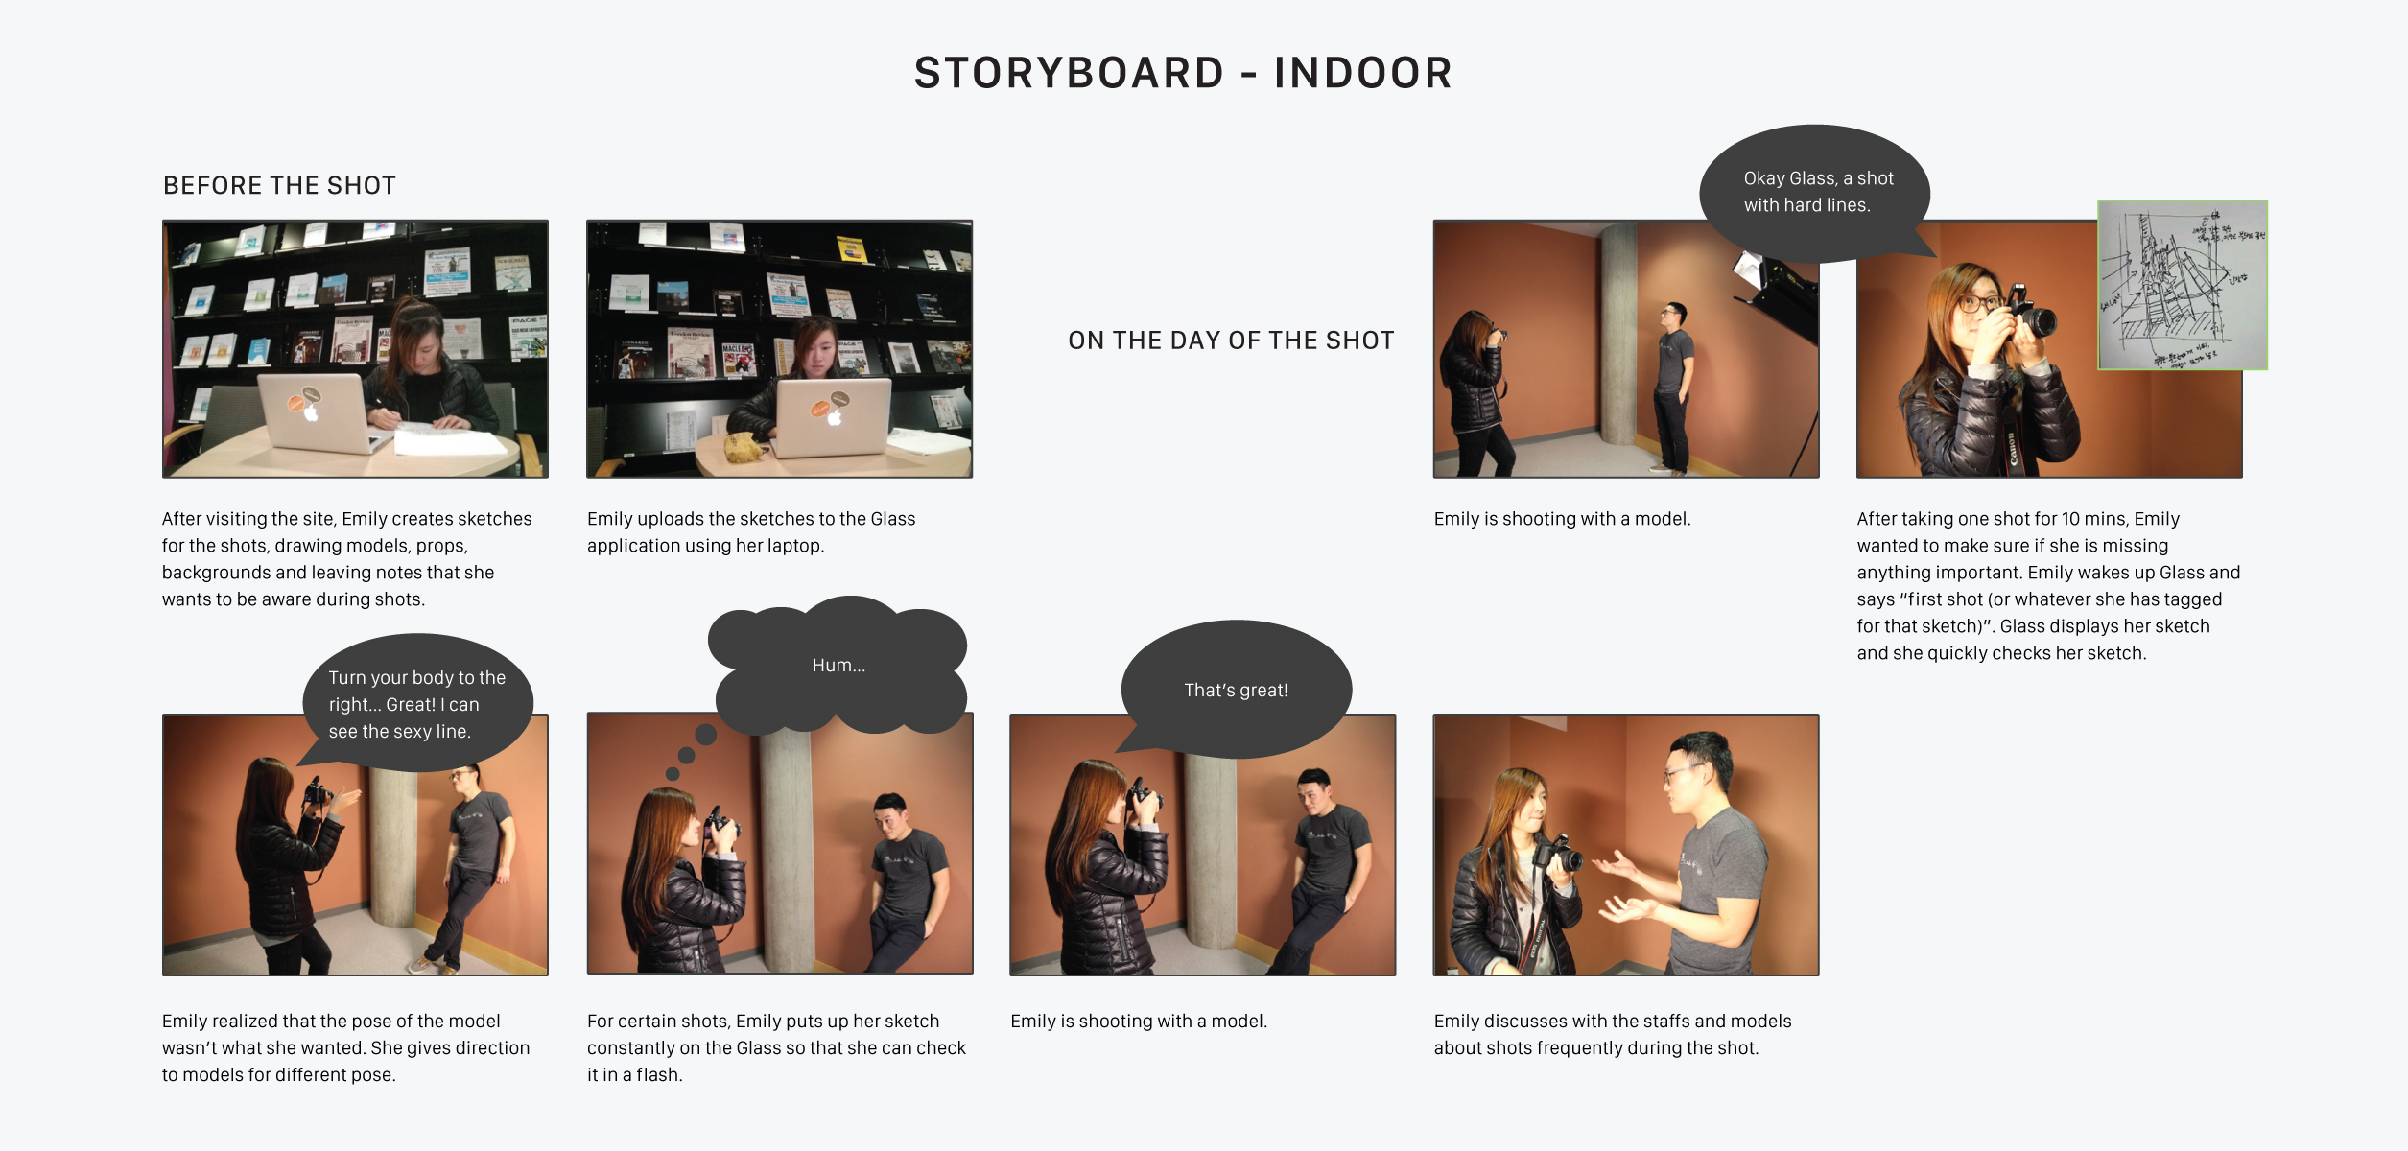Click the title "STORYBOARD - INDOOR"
pyautogui.click(x=1183, y=73)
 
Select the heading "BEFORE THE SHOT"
pyautogui.click(x=279, y=185)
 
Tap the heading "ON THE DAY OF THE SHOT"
pyautogui.click(x=1231, y=341)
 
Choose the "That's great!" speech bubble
pyautogui.click(x=1236, y=690)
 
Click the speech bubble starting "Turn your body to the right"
pyautogui.click(x=417, y=704)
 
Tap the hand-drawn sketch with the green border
pyautogui.click(x=2182, y=285)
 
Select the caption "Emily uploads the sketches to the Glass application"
pyautogui.click(x=751, y=531)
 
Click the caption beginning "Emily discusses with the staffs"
pyautogui.click(x=1612, y=1034)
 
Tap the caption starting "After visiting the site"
pyautogui.click(x=346, y=558)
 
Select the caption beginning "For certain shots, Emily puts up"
pyautogui.click(x=775, y=1047)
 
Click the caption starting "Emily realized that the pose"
pyautogui.click(x=345, y=1047)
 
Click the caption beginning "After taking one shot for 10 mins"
pyautogui.click(x=2047, y=585)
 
